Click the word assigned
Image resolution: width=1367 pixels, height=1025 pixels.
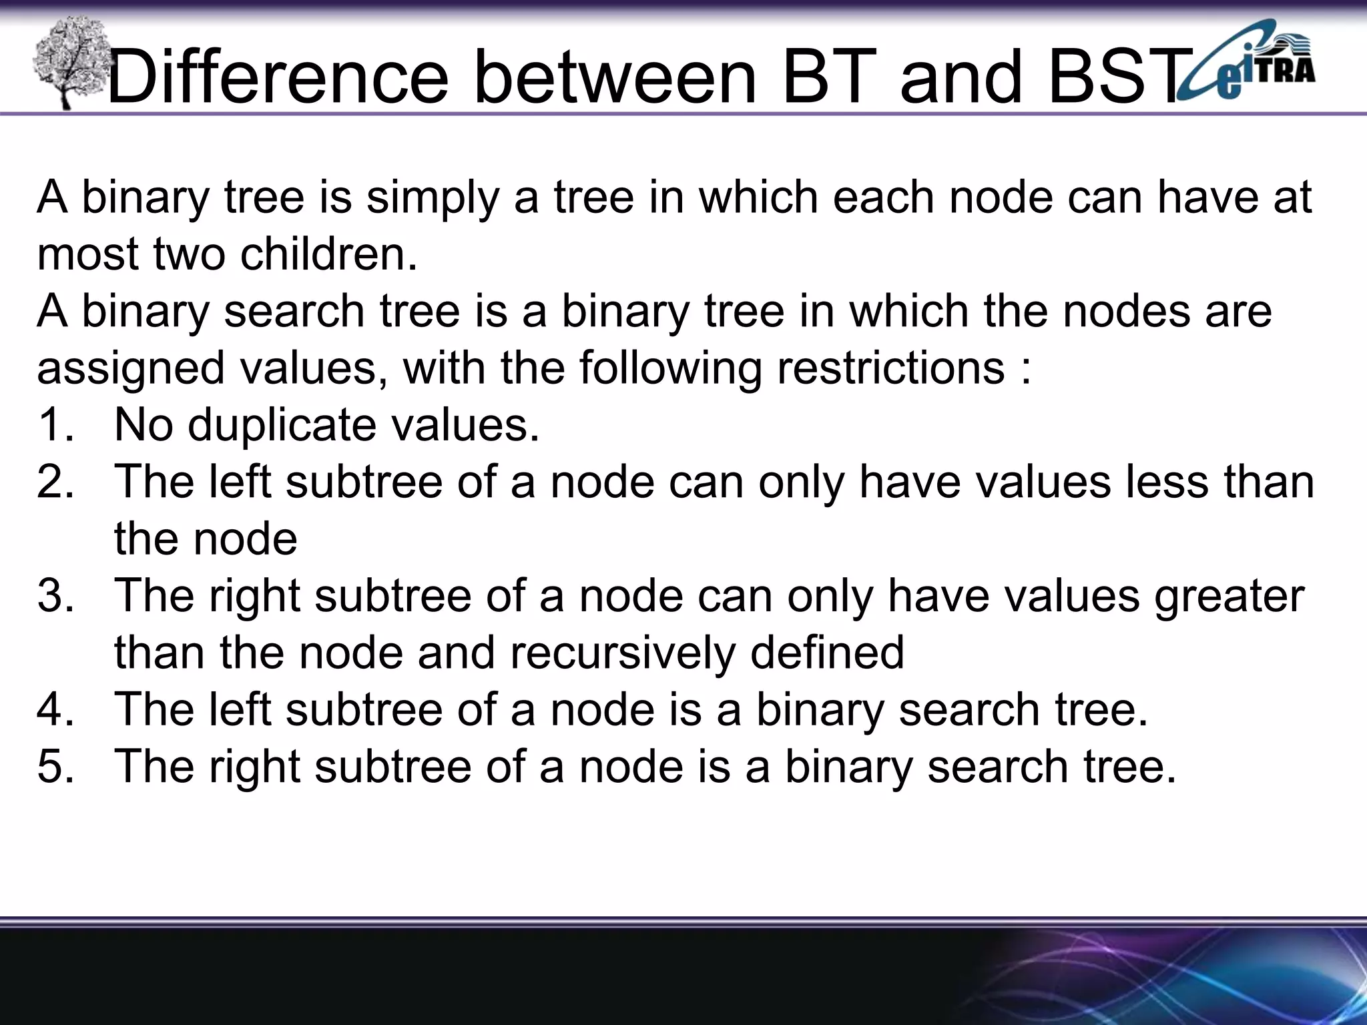coord(131,369)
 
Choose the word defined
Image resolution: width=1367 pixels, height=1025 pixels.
coord(827,653)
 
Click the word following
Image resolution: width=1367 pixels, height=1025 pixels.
coord(670,369)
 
